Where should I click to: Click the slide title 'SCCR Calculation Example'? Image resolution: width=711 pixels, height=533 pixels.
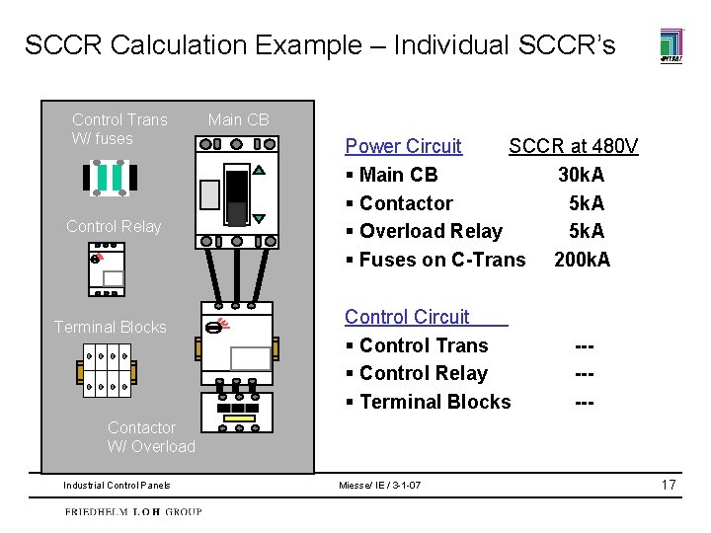coord(319,45)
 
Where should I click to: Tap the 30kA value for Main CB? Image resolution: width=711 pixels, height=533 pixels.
coord(582,176)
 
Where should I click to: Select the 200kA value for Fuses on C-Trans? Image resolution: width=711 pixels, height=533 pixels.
coord(582,260)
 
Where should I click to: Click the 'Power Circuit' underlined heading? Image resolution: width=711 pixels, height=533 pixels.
coord(403,147)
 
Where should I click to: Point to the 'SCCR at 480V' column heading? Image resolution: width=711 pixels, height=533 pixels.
coord(573,147)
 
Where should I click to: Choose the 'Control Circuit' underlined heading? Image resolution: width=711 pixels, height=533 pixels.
coord(407,317)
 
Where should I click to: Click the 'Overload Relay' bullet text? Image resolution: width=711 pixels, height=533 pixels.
coord(431,231)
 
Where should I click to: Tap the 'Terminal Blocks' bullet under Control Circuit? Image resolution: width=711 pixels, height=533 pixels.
coord(434,402)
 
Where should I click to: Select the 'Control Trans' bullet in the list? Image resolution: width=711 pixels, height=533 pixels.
coord(424,345)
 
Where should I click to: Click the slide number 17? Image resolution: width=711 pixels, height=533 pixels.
coord(669,485)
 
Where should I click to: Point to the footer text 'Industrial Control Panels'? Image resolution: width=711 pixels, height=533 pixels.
coord(117,486)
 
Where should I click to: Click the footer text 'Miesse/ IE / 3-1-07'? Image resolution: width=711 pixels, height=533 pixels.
coord(379,486)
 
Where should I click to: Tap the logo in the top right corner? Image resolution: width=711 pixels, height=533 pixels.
coord(671,45)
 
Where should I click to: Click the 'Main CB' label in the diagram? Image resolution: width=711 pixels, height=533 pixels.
coord(238,120)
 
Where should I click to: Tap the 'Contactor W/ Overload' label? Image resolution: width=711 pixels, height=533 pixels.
coord(151,437)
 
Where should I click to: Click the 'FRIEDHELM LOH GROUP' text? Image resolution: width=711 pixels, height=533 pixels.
coord(133,512)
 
